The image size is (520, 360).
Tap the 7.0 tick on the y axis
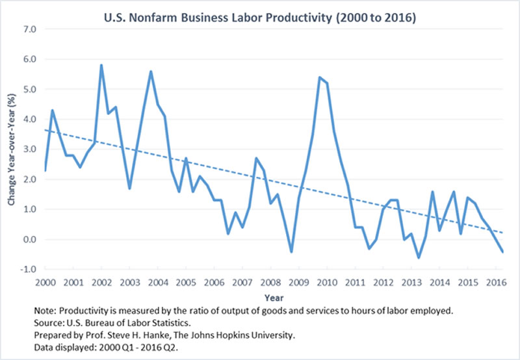(x=29, y=29)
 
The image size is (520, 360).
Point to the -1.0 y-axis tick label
(x=28, y=269)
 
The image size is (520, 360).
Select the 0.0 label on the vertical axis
(x=29, y=239)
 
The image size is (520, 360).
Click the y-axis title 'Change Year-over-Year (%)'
(x=11, y=149)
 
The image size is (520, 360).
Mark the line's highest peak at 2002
(x=101, y=65)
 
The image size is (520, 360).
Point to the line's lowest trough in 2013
(x=419, y=257)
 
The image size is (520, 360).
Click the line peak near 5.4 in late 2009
(x=319, y=77)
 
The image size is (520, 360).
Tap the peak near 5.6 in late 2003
(x=151, y=71)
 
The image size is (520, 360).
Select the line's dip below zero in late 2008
(x=291, y=251)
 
